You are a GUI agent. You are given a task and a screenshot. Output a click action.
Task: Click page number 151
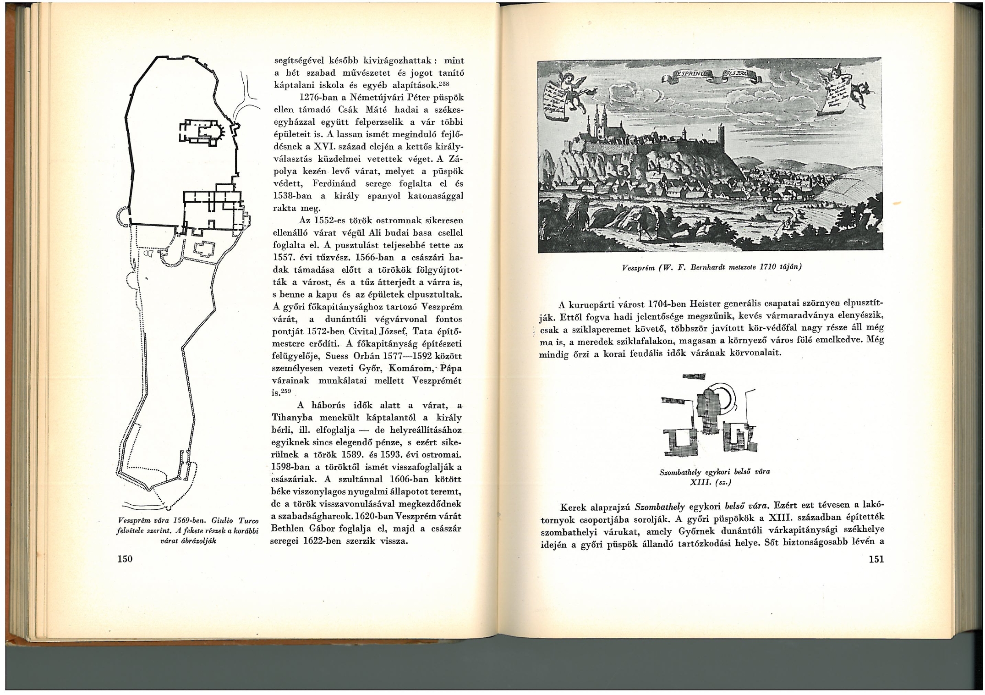pos(876,559)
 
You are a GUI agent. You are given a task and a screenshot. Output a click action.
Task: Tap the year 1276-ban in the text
pos(315,98)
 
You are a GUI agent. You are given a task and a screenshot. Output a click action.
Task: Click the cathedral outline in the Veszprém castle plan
pos(202,132)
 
